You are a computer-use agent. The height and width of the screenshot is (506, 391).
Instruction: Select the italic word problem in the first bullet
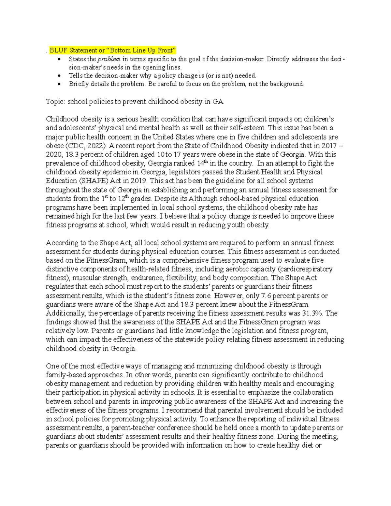(109, 59)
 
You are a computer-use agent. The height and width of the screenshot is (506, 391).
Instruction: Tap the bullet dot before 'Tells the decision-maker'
(59, 76)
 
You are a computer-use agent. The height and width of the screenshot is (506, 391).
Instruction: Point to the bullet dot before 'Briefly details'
(59, 84)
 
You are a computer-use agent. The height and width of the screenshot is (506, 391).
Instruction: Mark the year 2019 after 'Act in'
(140, 181)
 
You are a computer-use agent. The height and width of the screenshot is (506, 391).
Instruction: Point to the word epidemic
(117, 172)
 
